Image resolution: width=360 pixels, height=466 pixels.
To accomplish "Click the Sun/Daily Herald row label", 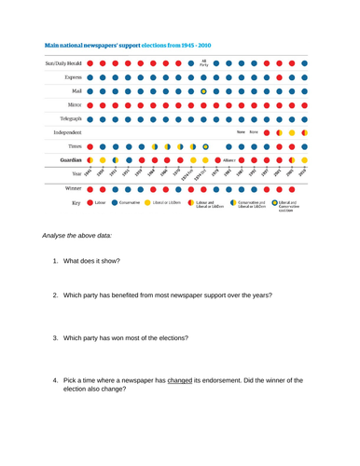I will (62, 63).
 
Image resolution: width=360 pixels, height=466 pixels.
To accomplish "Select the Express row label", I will (69, 77).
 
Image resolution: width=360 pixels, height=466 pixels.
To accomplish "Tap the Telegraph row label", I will (67, 118).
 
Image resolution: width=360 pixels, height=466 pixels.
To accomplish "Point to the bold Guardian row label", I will (68, 159).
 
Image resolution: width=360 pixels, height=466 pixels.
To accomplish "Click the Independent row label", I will (63, 132).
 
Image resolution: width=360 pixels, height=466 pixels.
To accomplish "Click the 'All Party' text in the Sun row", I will (204, 63).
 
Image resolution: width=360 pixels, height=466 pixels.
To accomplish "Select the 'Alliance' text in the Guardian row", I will (229, 159).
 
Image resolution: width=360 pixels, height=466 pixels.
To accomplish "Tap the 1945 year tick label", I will (88, 173).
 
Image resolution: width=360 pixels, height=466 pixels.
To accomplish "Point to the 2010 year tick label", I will (301, 173).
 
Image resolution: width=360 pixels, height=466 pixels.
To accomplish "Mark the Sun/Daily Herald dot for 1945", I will (90, 63).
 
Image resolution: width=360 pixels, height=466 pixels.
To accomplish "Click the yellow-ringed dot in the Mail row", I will (204, 91).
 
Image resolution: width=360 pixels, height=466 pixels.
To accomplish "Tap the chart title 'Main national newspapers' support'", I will (86, 45).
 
